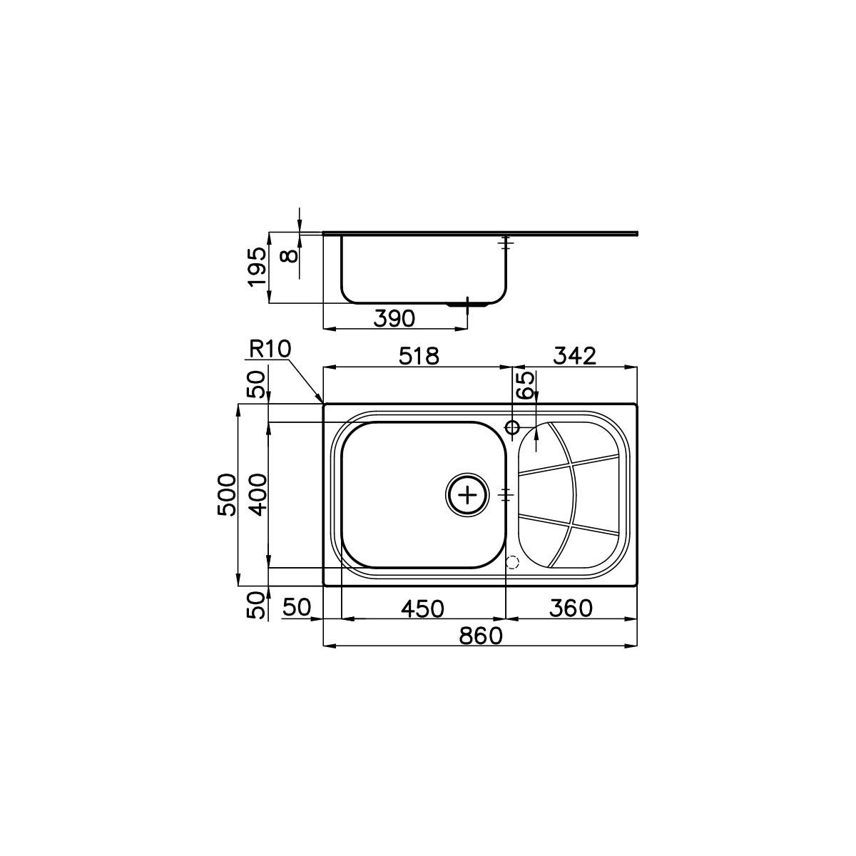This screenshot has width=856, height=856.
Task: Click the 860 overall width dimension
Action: point(481,636)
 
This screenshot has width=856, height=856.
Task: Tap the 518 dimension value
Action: point(419,356)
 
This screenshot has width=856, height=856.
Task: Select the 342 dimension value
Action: point(575,356)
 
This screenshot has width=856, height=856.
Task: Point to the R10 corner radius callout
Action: point(270,349)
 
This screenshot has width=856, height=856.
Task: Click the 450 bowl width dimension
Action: point(422,608)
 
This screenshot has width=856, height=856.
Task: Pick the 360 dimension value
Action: point(571,608)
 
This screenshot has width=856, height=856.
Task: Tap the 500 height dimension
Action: point(227,494)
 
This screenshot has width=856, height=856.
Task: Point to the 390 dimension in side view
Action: point(394,318)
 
